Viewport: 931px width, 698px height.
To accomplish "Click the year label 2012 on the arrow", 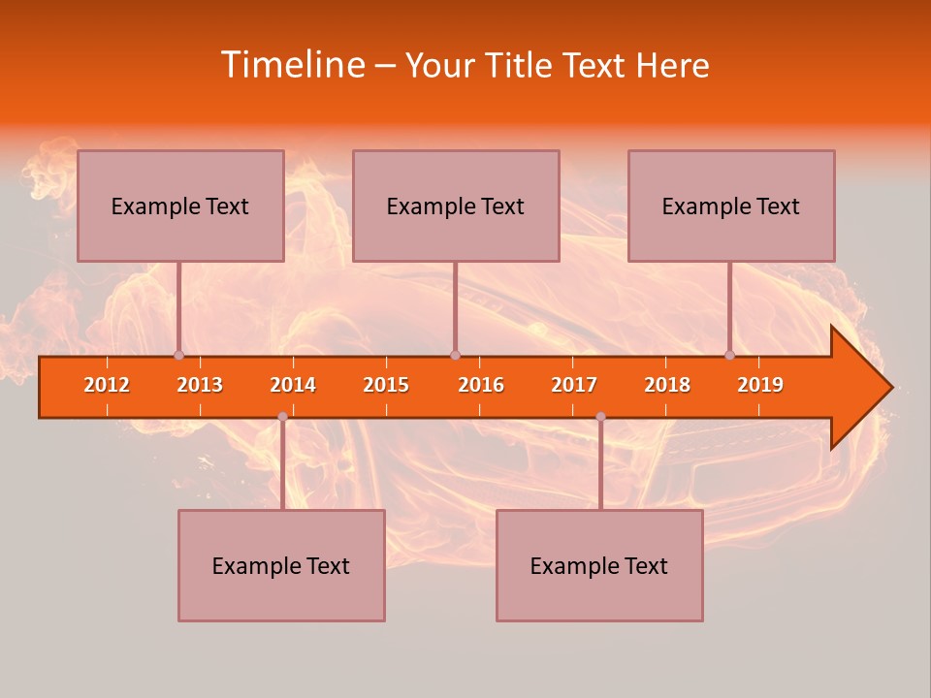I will (x=107, y=385).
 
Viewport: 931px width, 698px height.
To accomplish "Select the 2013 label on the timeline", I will (x=200, y=385).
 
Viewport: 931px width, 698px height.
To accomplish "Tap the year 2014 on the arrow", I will (x=293, y=385).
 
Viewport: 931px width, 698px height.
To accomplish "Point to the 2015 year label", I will (x=386, y=385).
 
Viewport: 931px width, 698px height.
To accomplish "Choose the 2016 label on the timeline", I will (x=481, y=385).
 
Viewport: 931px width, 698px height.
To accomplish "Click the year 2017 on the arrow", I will (x=574, y=385).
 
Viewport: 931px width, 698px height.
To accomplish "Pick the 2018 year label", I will (x=667, y=385).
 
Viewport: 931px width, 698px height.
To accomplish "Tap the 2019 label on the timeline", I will (x=760, y=385).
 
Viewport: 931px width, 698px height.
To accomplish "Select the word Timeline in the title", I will (x=291, y=65).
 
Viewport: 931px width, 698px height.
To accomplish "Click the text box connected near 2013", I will (x=180, y=206).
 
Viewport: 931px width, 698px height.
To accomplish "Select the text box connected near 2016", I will (x=456, y=206).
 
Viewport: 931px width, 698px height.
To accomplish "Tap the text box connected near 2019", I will (x=731, y=206).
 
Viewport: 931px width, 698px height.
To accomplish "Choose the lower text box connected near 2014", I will (x=281, y=565).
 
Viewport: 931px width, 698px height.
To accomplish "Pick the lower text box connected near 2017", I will (x=599, y=565).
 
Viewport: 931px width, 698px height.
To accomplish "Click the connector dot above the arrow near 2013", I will (x=178, y=356).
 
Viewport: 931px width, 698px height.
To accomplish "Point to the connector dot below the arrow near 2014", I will (x=282, y=417).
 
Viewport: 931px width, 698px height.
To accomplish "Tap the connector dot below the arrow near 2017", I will (x=600, y=417).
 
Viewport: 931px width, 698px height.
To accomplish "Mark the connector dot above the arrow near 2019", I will (x=729, y=356).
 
